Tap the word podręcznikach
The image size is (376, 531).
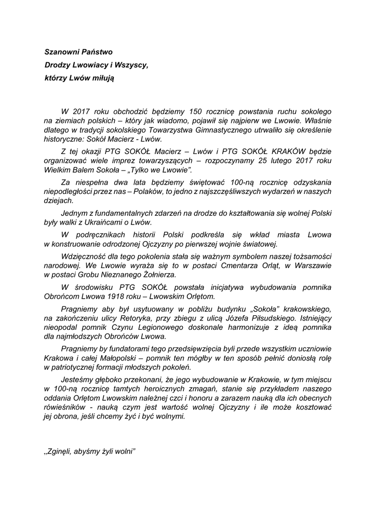(98, 235)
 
